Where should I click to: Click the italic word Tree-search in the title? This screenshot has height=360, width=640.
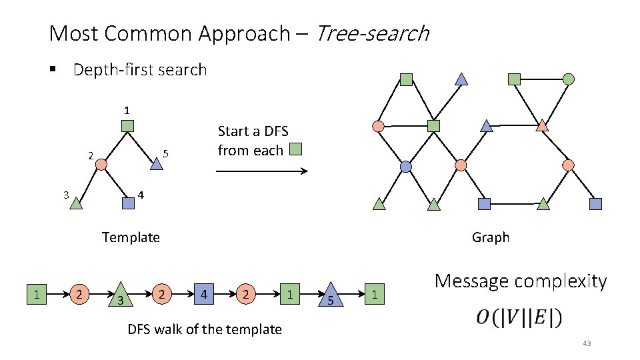(x=372, y=33)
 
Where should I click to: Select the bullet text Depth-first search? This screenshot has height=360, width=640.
(x=139, y=69)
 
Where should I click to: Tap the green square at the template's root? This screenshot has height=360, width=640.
(x=128, y=125)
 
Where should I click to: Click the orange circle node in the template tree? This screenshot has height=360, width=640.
(x=101, y=163)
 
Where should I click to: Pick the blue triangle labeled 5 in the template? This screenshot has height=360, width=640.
(x=155, y=163)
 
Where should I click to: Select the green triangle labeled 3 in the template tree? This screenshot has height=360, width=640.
(x=76, y=202)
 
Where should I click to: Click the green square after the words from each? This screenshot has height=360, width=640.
(x=296, y=149)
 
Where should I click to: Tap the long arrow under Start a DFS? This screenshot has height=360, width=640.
(x=261, y=171)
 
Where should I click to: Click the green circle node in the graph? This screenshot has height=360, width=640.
(x=569, y=79)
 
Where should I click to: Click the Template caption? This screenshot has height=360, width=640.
(x=131, y=237)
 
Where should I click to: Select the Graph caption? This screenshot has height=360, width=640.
(x=490, y=237)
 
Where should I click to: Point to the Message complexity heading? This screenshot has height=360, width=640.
(x=521, y=281)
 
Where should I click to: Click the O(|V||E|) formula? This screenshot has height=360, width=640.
(x=519, y=318)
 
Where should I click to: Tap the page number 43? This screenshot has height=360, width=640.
(x=587, y=344)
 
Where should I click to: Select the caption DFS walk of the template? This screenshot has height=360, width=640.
(x=204, y=329)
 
